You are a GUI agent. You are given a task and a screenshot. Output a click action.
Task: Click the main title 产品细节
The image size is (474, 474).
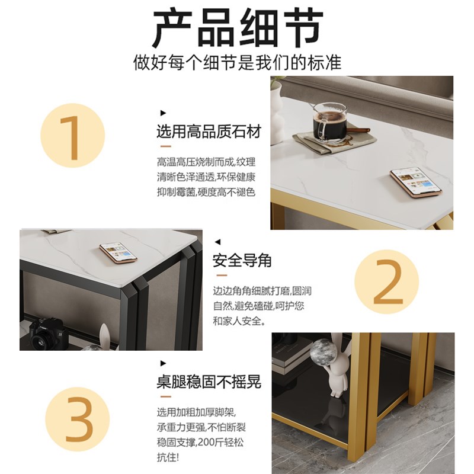(x=237, y=28)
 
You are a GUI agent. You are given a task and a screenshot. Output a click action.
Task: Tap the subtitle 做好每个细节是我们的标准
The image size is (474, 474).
(x=237, y=63)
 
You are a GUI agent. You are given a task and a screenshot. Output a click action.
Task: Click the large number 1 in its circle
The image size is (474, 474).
(x=72, y=136)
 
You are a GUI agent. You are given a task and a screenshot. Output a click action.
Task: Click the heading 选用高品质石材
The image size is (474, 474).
(x=208, y=132)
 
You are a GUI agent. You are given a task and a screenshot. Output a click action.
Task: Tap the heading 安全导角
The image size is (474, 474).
(x=242, y=261)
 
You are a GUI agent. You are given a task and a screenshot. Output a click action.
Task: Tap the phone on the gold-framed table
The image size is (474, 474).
(x=416, y=181)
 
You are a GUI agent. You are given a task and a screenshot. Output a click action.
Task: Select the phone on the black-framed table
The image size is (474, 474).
(x=118, y=252)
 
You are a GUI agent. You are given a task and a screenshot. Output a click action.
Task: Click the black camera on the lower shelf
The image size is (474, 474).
(x=46, y=333)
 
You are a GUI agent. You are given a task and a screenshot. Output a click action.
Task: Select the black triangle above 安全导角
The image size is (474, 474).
(x=217, y=242)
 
